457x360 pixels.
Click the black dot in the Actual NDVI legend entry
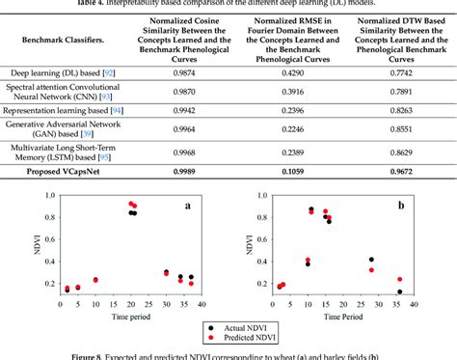click(208, 327)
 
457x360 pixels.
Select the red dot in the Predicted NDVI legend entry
click(208, 339)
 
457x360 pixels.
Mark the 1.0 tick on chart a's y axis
click(39, 197)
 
